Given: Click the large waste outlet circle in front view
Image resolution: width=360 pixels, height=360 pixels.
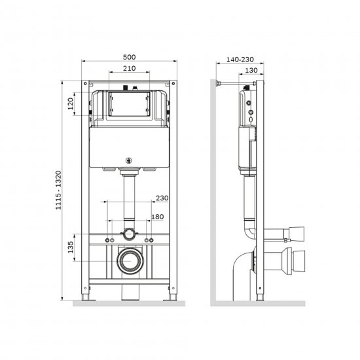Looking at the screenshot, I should click(x=129, y=262).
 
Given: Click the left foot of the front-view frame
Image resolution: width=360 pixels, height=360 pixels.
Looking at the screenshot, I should click(x=86, y=300).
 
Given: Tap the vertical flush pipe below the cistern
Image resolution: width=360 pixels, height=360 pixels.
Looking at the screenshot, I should click(x=129, y=196).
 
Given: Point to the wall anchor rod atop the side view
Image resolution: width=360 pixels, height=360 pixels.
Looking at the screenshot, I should click(x=232, y=83).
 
